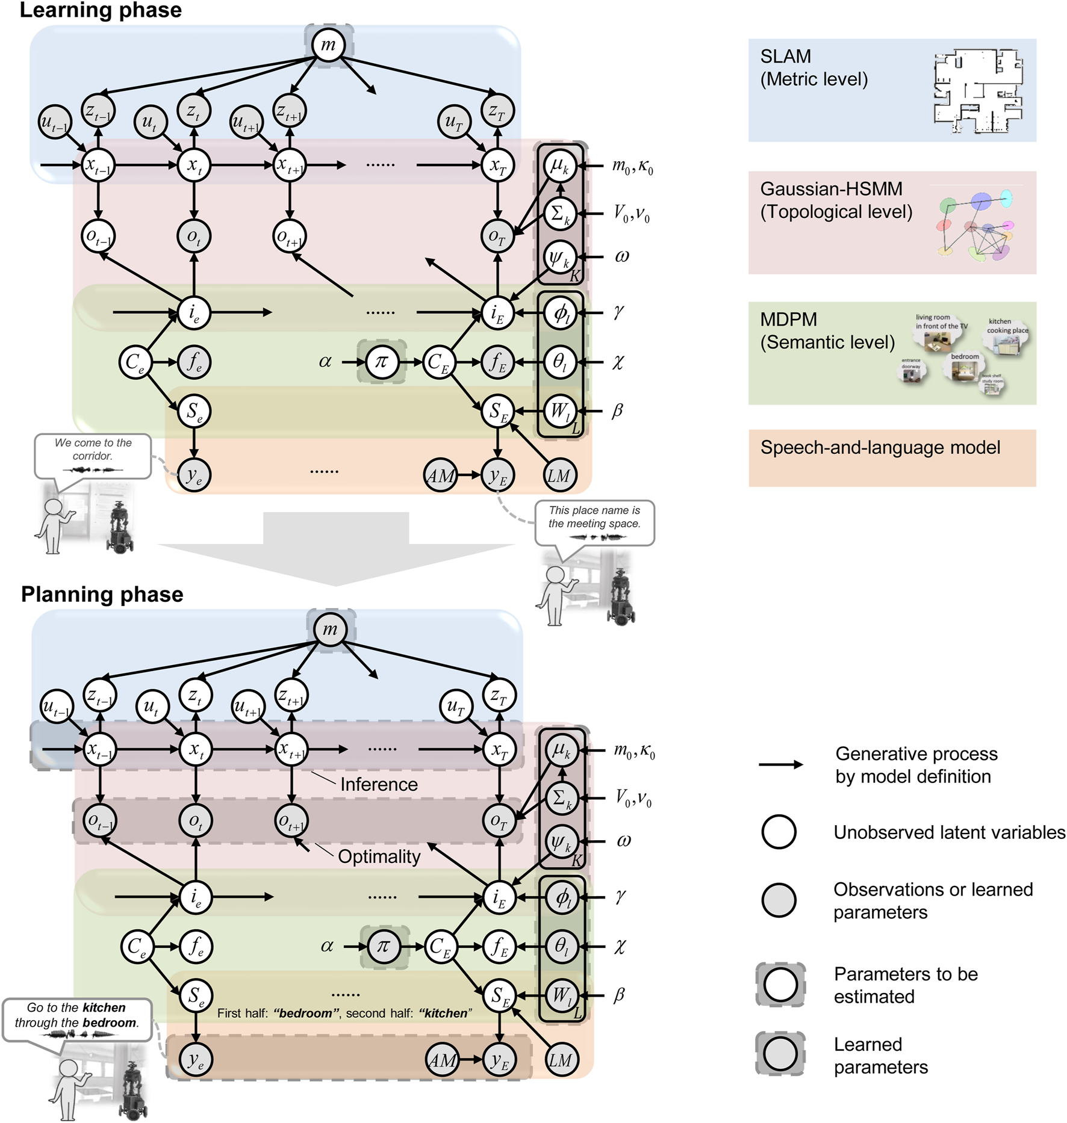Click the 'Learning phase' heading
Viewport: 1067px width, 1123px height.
pyautogui.click(x=101, y=10)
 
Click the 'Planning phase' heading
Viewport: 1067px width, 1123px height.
pyautogui.click(x=102, y=594)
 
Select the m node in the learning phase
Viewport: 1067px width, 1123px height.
pyautogui.click(x=328, y=44)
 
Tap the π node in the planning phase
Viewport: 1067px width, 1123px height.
pyautogui.click(x=384, y=946)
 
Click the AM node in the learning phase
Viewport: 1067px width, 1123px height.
pyautogui.click(x=440, y=475)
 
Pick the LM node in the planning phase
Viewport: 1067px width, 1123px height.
pyautogui.click(x=560, y=1060)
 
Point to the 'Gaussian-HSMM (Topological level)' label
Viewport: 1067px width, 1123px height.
pyautogui.click(x=836, y=200)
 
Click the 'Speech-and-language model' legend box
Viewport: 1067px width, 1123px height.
pyautogui.click(x=892, y=457)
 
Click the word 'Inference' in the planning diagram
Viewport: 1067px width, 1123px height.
pyautogui.click(x=379, y=784)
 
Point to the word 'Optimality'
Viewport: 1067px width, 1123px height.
pyautogui.click(x=379, y=856)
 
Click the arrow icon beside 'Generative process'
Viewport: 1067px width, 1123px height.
pyautogui.click(x=781, y=764)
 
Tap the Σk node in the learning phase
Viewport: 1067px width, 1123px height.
pyautogui.click(x=559, y=213)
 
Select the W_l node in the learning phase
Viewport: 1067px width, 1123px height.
pyautogui.click(x=559, y=411)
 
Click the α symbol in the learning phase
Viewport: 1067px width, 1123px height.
pyautogui.click(x=325, y=362)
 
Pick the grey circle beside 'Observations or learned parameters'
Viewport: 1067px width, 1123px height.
pyautogui.click(x=779, y=900)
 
